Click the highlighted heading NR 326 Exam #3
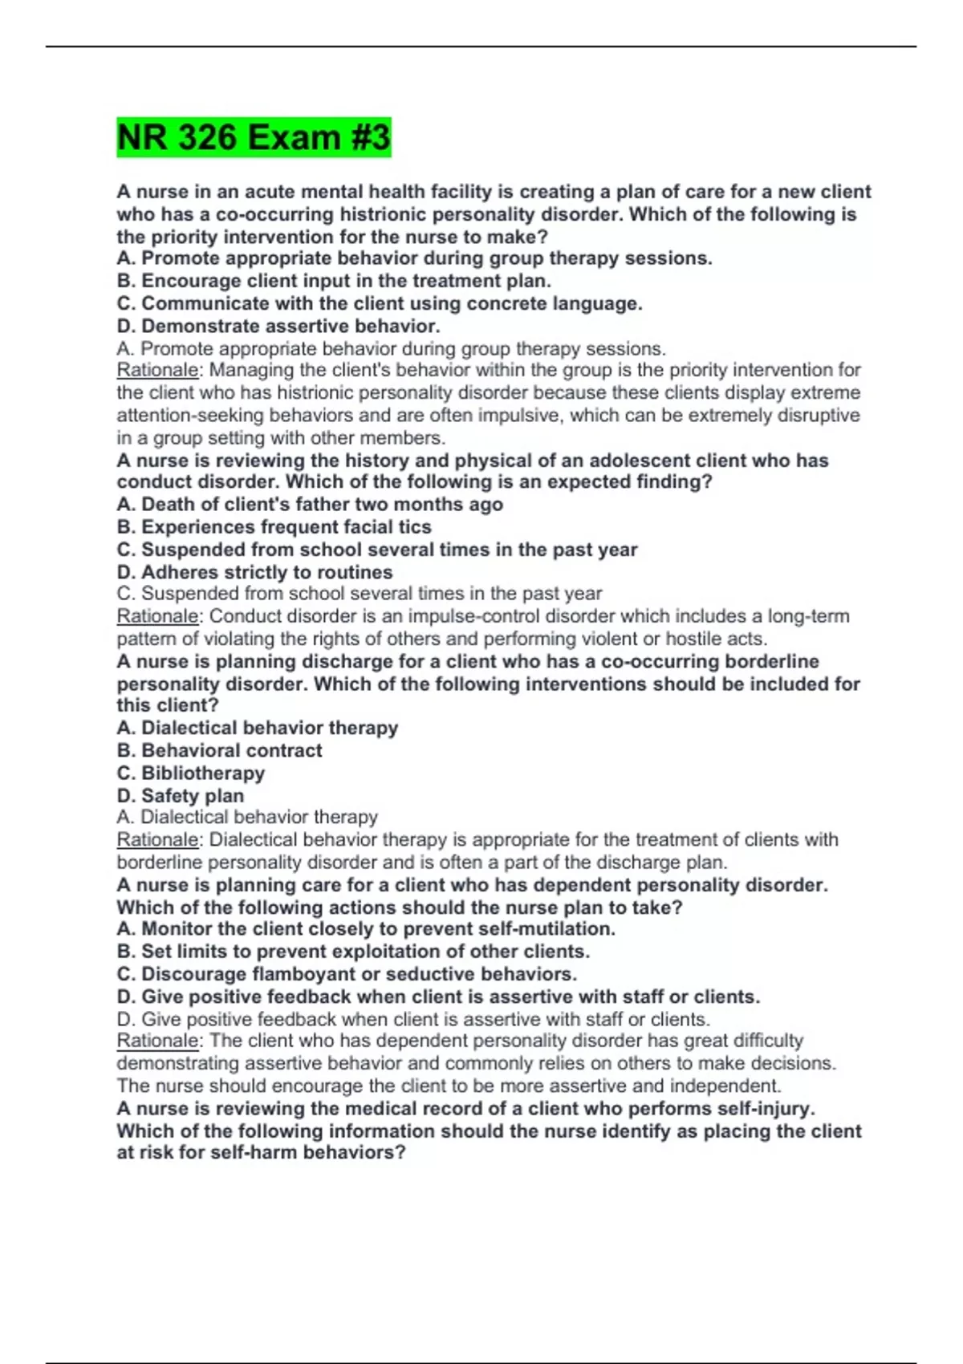tap(254, 137)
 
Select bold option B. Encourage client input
tap(334, 281)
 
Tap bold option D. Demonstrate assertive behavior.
tap(278, 326)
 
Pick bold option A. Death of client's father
tap(310, 504)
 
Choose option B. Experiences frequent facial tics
tap(274, 526)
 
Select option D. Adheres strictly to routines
tap(254, 572)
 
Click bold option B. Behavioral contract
tap(219, 750)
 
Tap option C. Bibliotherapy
tap(190, 773)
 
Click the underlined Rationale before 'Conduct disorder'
tap(158, 616)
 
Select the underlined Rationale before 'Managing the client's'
tap(158, 370)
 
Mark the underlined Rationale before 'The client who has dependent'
tap(158, 1041)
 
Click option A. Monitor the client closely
tap(366, 928)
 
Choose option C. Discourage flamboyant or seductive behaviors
tap(347, 974)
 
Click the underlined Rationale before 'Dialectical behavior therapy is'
tap(158, 839)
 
